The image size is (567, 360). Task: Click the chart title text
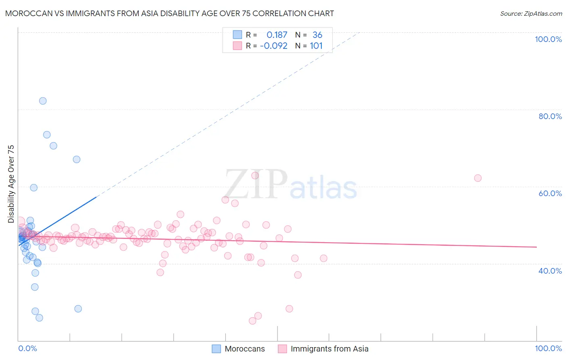pyautogui.click(x=169, y=13)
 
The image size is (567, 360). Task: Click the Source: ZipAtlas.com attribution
pyautogui.click(x=531, y=13)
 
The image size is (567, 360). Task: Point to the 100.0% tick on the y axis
pyautogui.click(x=548, y=39)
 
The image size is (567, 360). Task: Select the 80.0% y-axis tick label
pyautogui.click(x=550, y=116)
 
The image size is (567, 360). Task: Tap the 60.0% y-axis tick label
pyautogui.click(x=550, y=193)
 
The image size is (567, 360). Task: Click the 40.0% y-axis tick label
pyautogui.click(x=550, y=270)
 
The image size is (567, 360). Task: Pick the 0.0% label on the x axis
pyautogui.click(x=27, y=348)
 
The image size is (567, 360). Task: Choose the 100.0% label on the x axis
pyautogui.click(x=548, y=348)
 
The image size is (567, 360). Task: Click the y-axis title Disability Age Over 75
pyautogui.click(x=11, y=184)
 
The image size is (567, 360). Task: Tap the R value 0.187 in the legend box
pyautogui.click(x=277, y=35)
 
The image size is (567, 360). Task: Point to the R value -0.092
pyautogui.click(x=273, y=46)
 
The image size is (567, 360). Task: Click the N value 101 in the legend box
pyautogui.click(x=316, y=46)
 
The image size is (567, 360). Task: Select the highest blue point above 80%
pyautogui.click(x=43, y=101)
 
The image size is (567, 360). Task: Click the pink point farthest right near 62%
pyautogui.click(x=478, y=178)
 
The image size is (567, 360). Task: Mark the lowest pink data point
pyautogui.click(x=252, y=321)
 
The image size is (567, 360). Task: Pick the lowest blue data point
pyautogui.click(x=39, y=318)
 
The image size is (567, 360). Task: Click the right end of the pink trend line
pyautogui.click(x=536, y=247)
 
